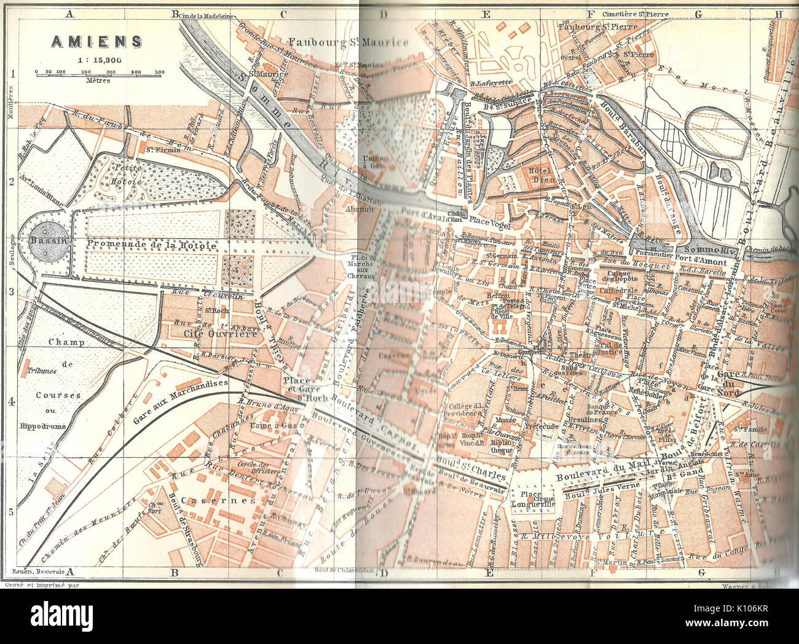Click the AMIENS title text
click(x=96, y=41)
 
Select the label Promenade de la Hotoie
click(x=152, y=245)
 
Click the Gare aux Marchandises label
click(x=181, y=401)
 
